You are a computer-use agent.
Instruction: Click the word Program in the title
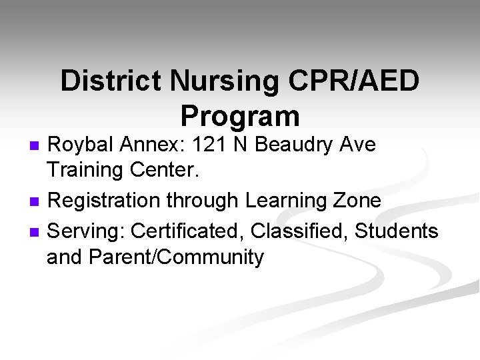click(x=240, y=116)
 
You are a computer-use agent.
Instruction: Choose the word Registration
click(x=111, y=201)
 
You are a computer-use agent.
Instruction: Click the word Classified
click(x=305, y=231)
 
